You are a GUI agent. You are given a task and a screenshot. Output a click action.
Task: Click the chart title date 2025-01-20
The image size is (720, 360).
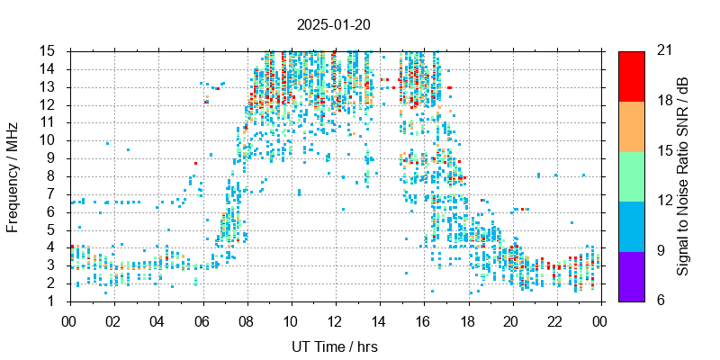point(333,24)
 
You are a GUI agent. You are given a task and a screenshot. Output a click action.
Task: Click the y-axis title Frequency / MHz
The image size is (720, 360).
point(13,175)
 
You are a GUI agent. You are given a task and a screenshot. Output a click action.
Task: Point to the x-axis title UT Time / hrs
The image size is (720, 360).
point(334,346)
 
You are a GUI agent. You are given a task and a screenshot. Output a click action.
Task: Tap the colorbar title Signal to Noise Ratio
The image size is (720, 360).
point(683,175)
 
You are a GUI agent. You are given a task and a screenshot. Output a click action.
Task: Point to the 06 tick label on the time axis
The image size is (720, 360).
point(202,320)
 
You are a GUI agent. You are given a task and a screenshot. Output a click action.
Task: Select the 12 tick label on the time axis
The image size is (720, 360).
point(335,320)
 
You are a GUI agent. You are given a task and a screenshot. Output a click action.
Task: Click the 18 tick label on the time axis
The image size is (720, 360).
point(467,320)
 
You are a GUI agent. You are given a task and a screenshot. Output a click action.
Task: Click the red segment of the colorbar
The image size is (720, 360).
point(631,76)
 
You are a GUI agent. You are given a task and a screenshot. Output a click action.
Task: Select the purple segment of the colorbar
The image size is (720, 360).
point(631,275)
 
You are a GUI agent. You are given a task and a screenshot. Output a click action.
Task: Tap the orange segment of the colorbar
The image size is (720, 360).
point(631,126)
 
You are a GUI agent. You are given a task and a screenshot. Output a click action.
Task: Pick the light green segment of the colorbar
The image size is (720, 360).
point(631,175)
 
